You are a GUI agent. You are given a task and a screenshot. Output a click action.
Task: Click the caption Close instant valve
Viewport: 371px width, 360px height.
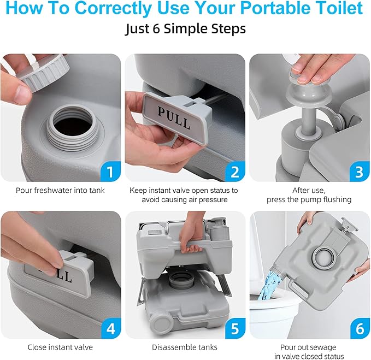pyautogui.click(x=60, y=347)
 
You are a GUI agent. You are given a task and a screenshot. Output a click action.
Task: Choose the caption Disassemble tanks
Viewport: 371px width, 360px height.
pyautogui.click(x=185, y=347)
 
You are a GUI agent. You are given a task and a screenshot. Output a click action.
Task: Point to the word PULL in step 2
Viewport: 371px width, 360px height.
pyautogui.click(x=174, y=117)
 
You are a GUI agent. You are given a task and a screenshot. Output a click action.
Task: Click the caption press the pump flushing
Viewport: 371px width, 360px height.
pyautogui.click(x=309, y=199)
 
